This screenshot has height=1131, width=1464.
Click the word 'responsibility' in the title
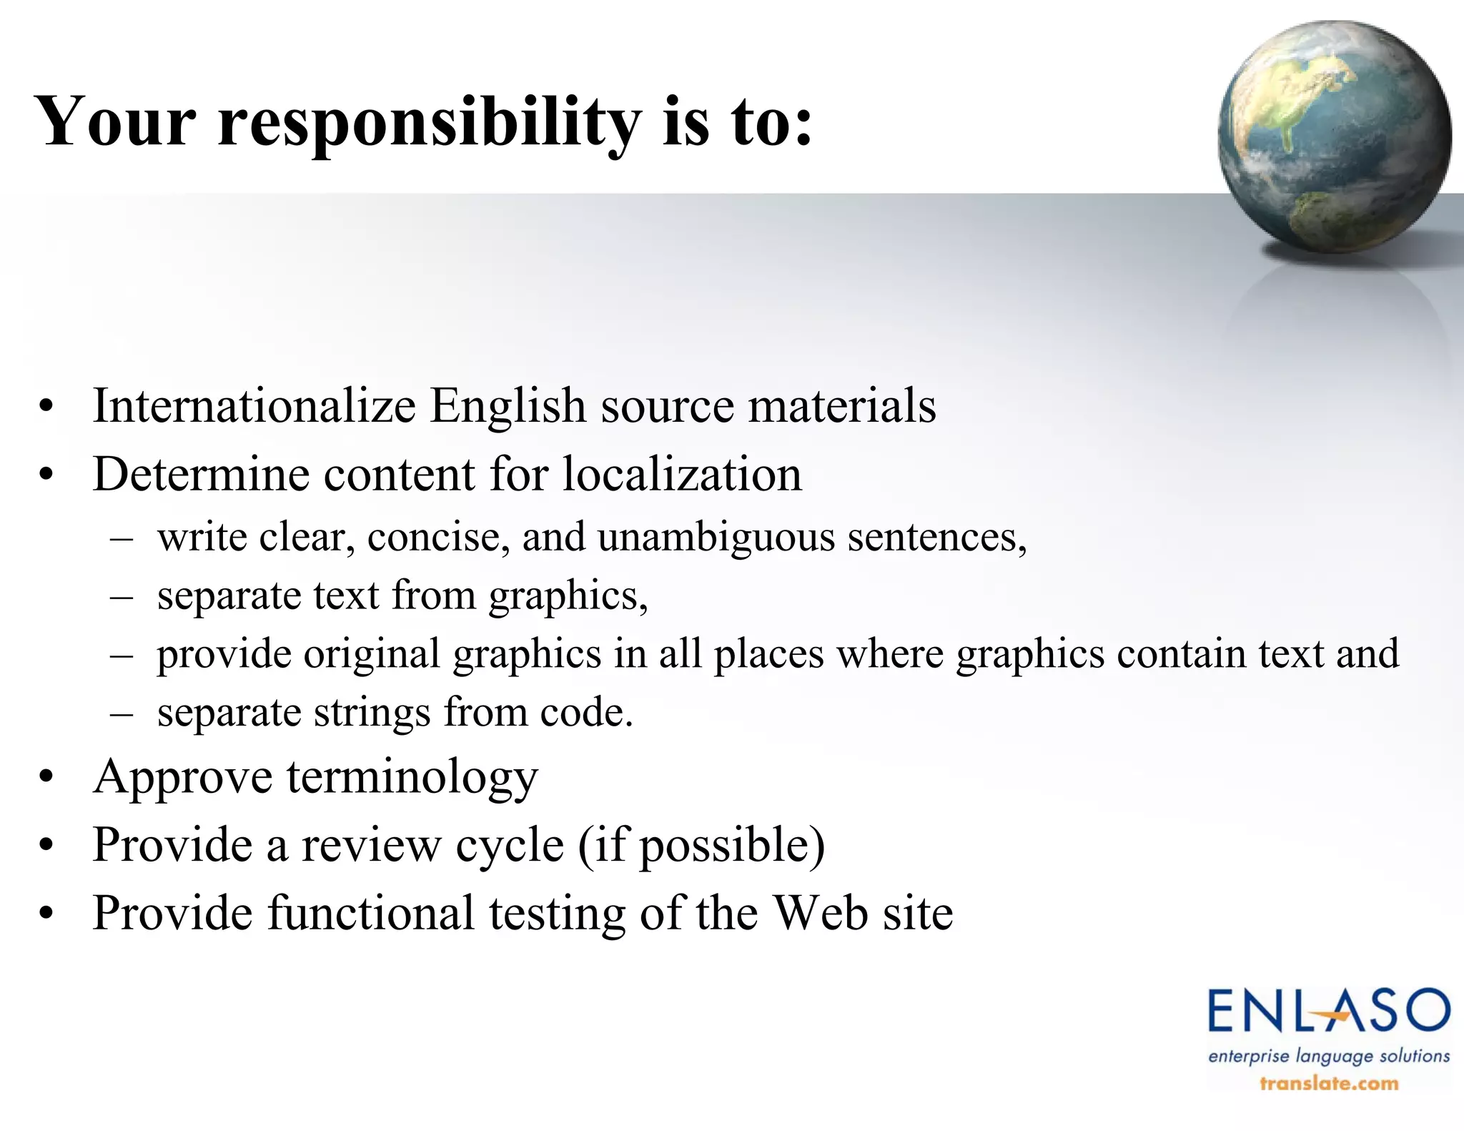tap(429, 123)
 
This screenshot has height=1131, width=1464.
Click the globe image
tap(1335, 136)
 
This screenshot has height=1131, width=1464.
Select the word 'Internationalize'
tap(254, 406)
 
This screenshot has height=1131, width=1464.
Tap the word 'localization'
tap(682, 474)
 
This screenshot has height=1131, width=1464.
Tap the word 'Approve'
tap(183, 777)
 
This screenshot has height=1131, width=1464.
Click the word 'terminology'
tap(412, 777)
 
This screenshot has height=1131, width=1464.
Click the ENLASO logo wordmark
tap(1329, 1012)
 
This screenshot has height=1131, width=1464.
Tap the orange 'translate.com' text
tap(1329, 1084)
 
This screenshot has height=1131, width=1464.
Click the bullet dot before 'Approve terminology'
tap(47, 778)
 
